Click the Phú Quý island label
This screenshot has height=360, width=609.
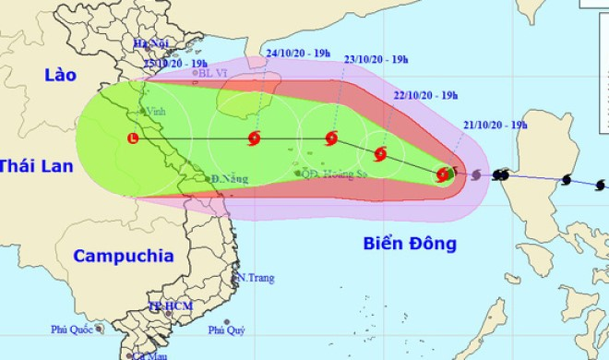pyautogui.click(x=226, y=330)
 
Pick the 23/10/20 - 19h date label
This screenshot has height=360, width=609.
pyautogui.click(x=376, y=60)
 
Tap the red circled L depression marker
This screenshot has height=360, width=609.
pyautogui.click(x=135, y=139)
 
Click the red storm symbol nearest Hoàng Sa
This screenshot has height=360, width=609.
pyautogui.click(x=331, y=139)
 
